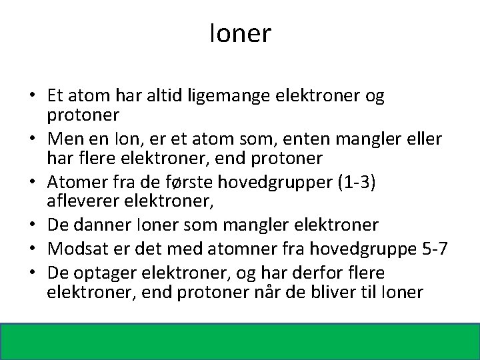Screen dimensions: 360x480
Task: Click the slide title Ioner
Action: [x=240, y=33]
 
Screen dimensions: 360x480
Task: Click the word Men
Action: [x=65, y=141]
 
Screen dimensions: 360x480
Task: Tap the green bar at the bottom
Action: [x=240, y=340]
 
